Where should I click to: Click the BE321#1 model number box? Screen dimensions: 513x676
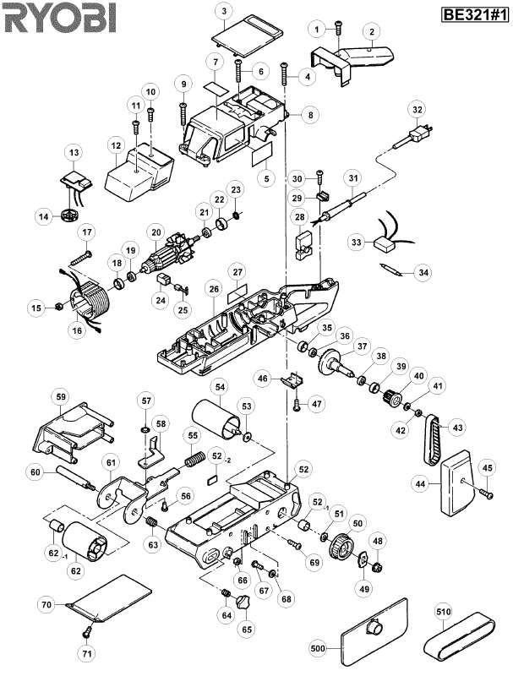475,15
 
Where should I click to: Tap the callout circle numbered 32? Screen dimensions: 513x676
417,110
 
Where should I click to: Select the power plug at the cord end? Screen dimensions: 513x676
418,134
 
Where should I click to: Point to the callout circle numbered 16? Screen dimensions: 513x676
77,330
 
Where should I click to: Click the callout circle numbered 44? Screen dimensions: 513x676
420,483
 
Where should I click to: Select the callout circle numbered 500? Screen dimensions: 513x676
318,648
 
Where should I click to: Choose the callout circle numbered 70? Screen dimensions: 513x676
46,604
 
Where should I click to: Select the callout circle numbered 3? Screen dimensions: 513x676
224,11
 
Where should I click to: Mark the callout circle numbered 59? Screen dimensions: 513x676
60,396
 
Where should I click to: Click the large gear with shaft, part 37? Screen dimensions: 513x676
337,363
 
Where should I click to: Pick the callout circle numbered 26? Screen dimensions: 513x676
215,289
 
